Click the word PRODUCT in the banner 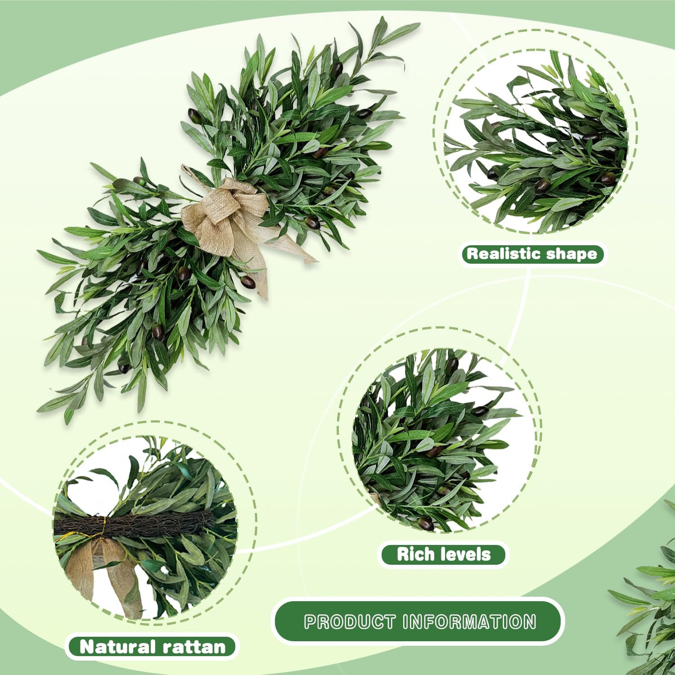[350, 622]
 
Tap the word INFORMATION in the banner [469, 622]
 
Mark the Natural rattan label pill [152, 647]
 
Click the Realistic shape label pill [532, 254]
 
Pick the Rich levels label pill [443, 554]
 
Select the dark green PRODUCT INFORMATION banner [418, 622]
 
